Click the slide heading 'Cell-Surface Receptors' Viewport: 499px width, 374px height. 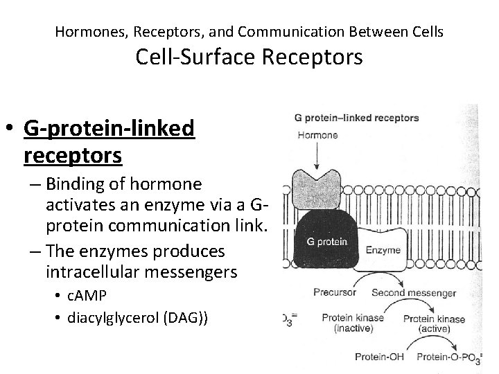pyautogui.click(x=249, y=57)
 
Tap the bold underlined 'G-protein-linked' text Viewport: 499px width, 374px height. pyautogui.click(x=110, y=128)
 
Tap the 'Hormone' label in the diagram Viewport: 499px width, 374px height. pyautogui.click(x=317, y=135)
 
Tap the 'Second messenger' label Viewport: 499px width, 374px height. pyautogui.click(x=414, y=292)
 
